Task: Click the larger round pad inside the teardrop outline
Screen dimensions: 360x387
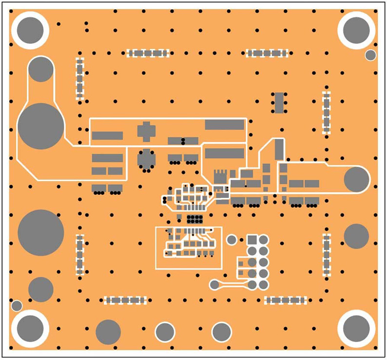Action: pyautogui.click(x=41, y=127)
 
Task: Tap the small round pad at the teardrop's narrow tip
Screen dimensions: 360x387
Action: pyautogui.click(x=40, y=69)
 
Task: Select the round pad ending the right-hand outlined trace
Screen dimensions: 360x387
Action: pyautogui.click(x=357, y=179)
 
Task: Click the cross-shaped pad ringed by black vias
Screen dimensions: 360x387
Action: pyautogui.click(x=146, y=159)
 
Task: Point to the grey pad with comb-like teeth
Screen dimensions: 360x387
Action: pyautogui.click(x=220, y=176)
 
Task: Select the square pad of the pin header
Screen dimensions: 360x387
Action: pyautogui.click(x=252, y=240)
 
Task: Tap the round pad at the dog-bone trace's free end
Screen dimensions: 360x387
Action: pyautogui.click(x=214, y=284)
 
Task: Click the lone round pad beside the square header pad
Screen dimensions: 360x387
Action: pyautogui.click(x=232, y=240)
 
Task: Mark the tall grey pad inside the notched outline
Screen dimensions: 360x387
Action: pyautogui.click(x=279, y=149)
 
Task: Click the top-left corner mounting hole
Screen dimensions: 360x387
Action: pyautogui.click(x=30, y=30)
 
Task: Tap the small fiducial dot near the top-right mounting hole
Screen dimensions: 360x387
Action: pyautogui.click(x=370, y=55)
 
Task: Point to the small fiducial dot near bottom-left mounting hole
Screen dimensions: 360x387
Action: pyautogui.click(x=17, y=305)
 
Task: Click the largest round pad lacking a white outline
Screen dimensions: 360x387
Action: pyautogui.click(x=41, y=233)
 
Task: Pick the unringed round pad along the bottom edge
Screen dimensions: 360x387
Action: pyautogui.click(x=108, y=332)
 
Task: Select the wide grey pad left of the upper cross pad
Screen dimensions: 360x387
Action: pyautogui.click(x=107, y=135)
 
